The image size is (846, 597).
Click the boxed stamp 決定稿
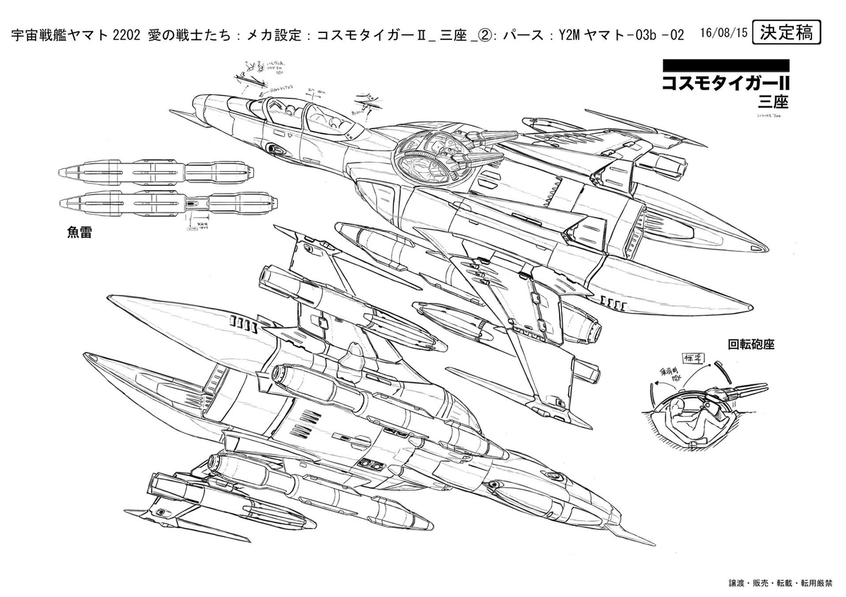(786, 32)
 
